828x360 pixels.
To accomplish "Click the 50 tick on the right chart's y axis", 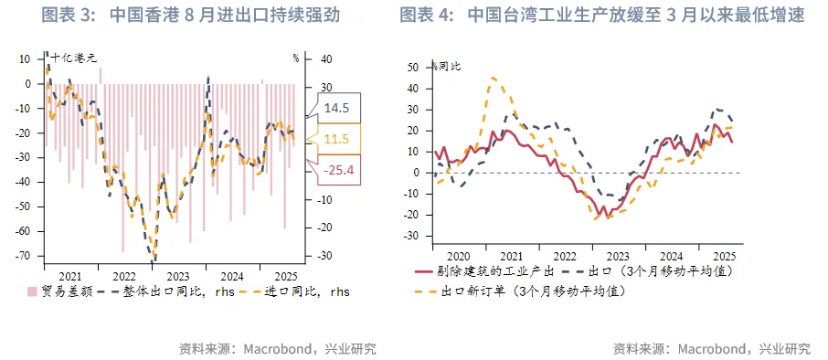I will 412,67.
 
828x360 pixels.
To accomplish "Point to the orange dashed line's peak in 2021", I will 494,78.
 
